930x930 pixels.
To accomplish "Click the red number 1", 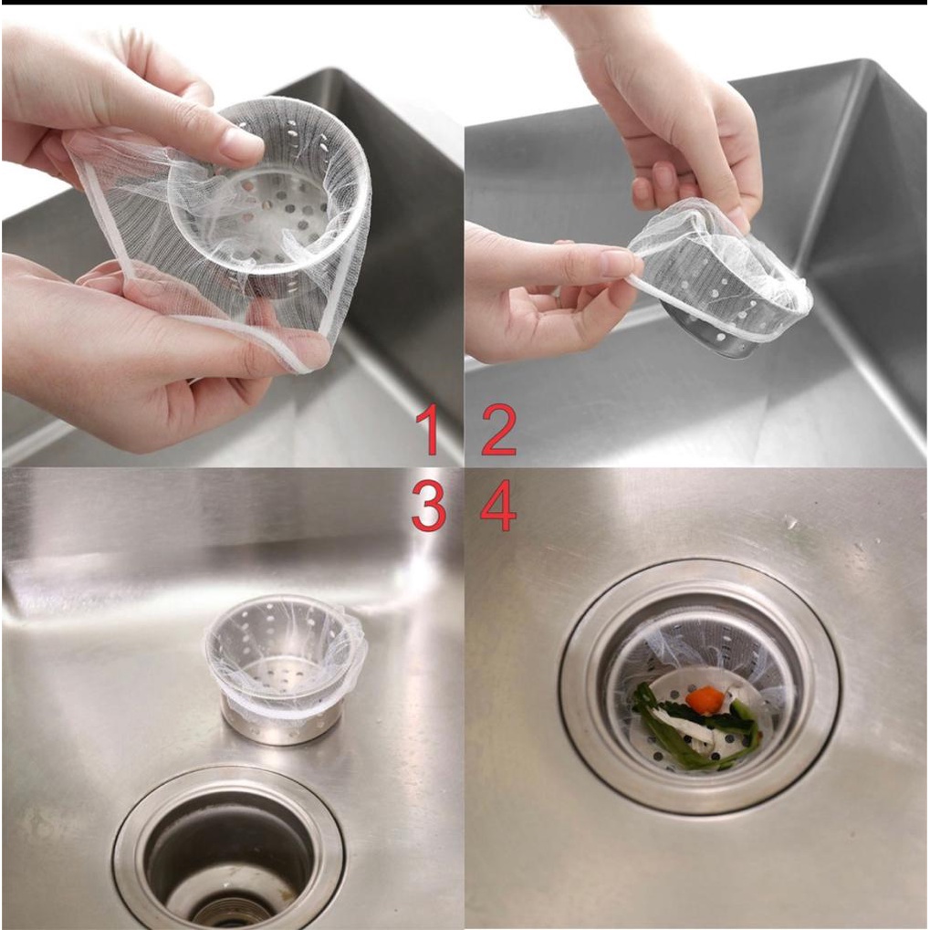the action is pyautogui.click(x=428, y=430).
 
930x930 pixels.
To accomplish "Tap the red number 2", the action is pyautogui.click(x=498, y=430).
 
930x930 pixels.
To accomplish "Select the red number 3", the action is pyautogui.click(x=429, y=507).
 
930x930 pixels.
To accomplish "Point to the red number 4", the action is pyautogui.click(x=498, y=507).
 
